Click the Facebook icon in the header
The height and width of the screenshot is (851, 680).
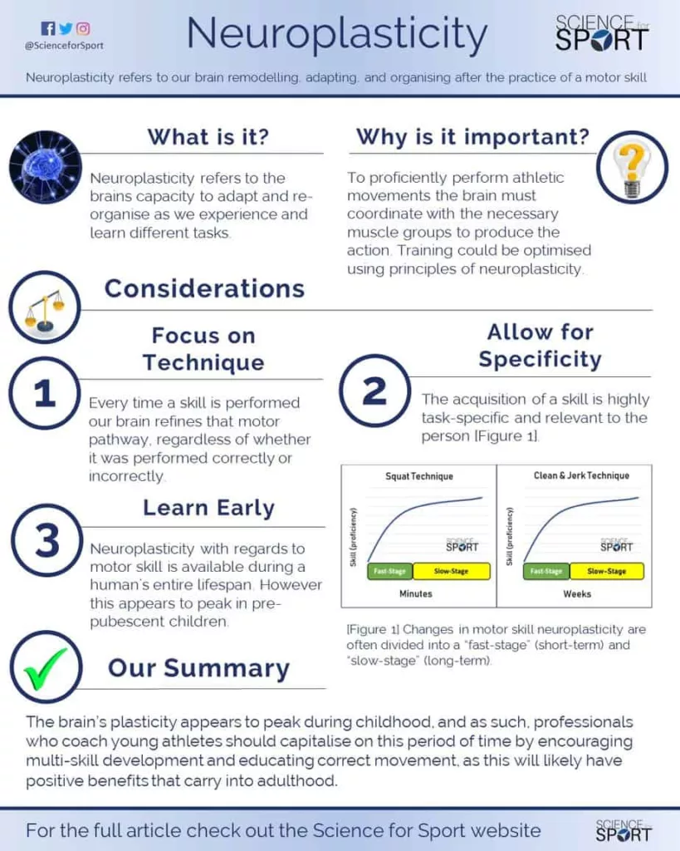(x=47, y=28)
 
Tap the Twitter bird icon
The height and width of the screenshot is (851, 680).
(x=66, y=28)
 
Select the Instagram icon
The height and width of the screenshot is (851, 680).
(x=83, y=28)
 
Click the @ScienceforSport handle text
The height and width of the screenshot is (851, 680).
(x=64, y=46)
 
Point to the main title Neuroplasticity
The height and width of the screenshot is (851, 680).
(x=337, y=33)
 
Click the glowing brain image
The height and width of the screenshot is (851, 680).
(x=46, y=166)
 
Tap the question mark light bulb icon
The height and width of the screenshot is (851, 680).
(x=633, y=167)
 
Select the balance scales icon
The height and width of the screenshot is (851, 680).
(x=45, y=307)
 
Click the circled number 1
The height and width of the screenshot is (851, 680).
(x=45, y=393)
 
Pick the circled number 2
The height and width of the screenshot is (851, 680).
(x=374, y=391)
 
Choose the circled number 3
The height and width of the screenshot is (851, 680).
(x=46, y=540)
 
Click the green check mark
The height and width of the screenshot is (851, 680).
(x=46, y=667)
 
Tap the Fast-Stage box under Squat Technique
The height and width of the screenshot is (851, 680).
(x=390, y=571)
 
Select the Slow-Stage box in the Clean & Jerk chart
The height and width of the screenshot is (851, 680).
(x=607, y=571)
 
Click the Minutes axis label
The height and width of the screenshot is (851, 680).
(x=416, y=593)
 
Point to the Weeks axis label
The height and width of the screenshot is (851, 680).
(x=577, y=593)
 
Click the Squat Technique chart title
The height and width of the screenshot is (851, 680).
(x=419, y=476)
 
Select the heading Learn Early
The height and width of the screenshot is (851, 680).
(x=208, y=508)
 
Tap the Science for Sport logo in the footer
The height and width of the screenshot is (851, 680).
(x=624, y=830)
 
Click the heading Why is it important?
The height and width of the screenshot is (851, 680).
(x=472, y=137)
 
